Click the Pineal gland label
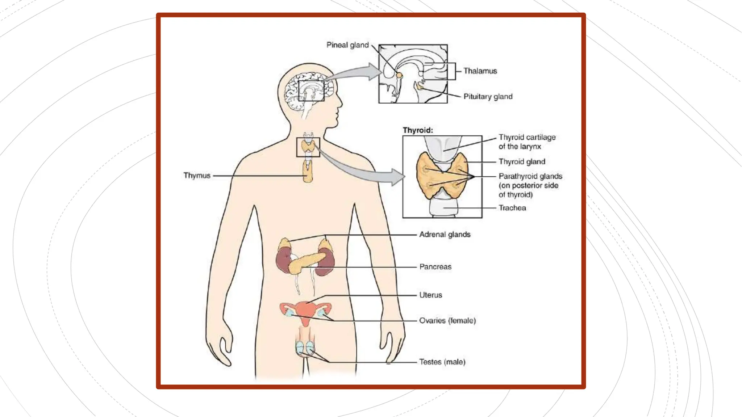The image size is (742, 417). (347, 45)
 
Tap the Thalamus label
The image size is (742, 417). (480, 71)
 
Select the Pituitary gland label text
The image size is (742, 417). (488, 97)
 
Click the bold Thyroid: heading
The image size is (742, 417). (418, 130)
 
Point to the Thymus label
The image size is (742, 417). (197, 176)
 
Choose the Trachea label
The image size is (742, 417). (512, 208)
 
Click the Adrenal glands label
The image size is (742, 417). (445, 235)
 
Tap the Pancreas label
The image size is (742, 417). (435, 267)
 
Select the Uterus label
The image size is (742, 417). (430, 295)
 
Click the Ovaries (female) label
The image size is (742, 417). (447, 321)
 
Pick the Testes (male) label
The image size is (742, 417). (442, 362)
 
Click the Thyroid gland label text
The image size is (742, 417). (522, 162)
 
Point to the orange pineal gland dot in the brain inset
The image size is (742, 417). (399, 75)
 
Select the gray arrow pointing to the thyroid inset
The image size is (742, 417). (362, 170)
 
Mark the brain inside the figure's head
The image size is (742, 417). (308, 90)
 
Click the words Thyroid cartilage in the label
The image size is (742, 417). (527, 137)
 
